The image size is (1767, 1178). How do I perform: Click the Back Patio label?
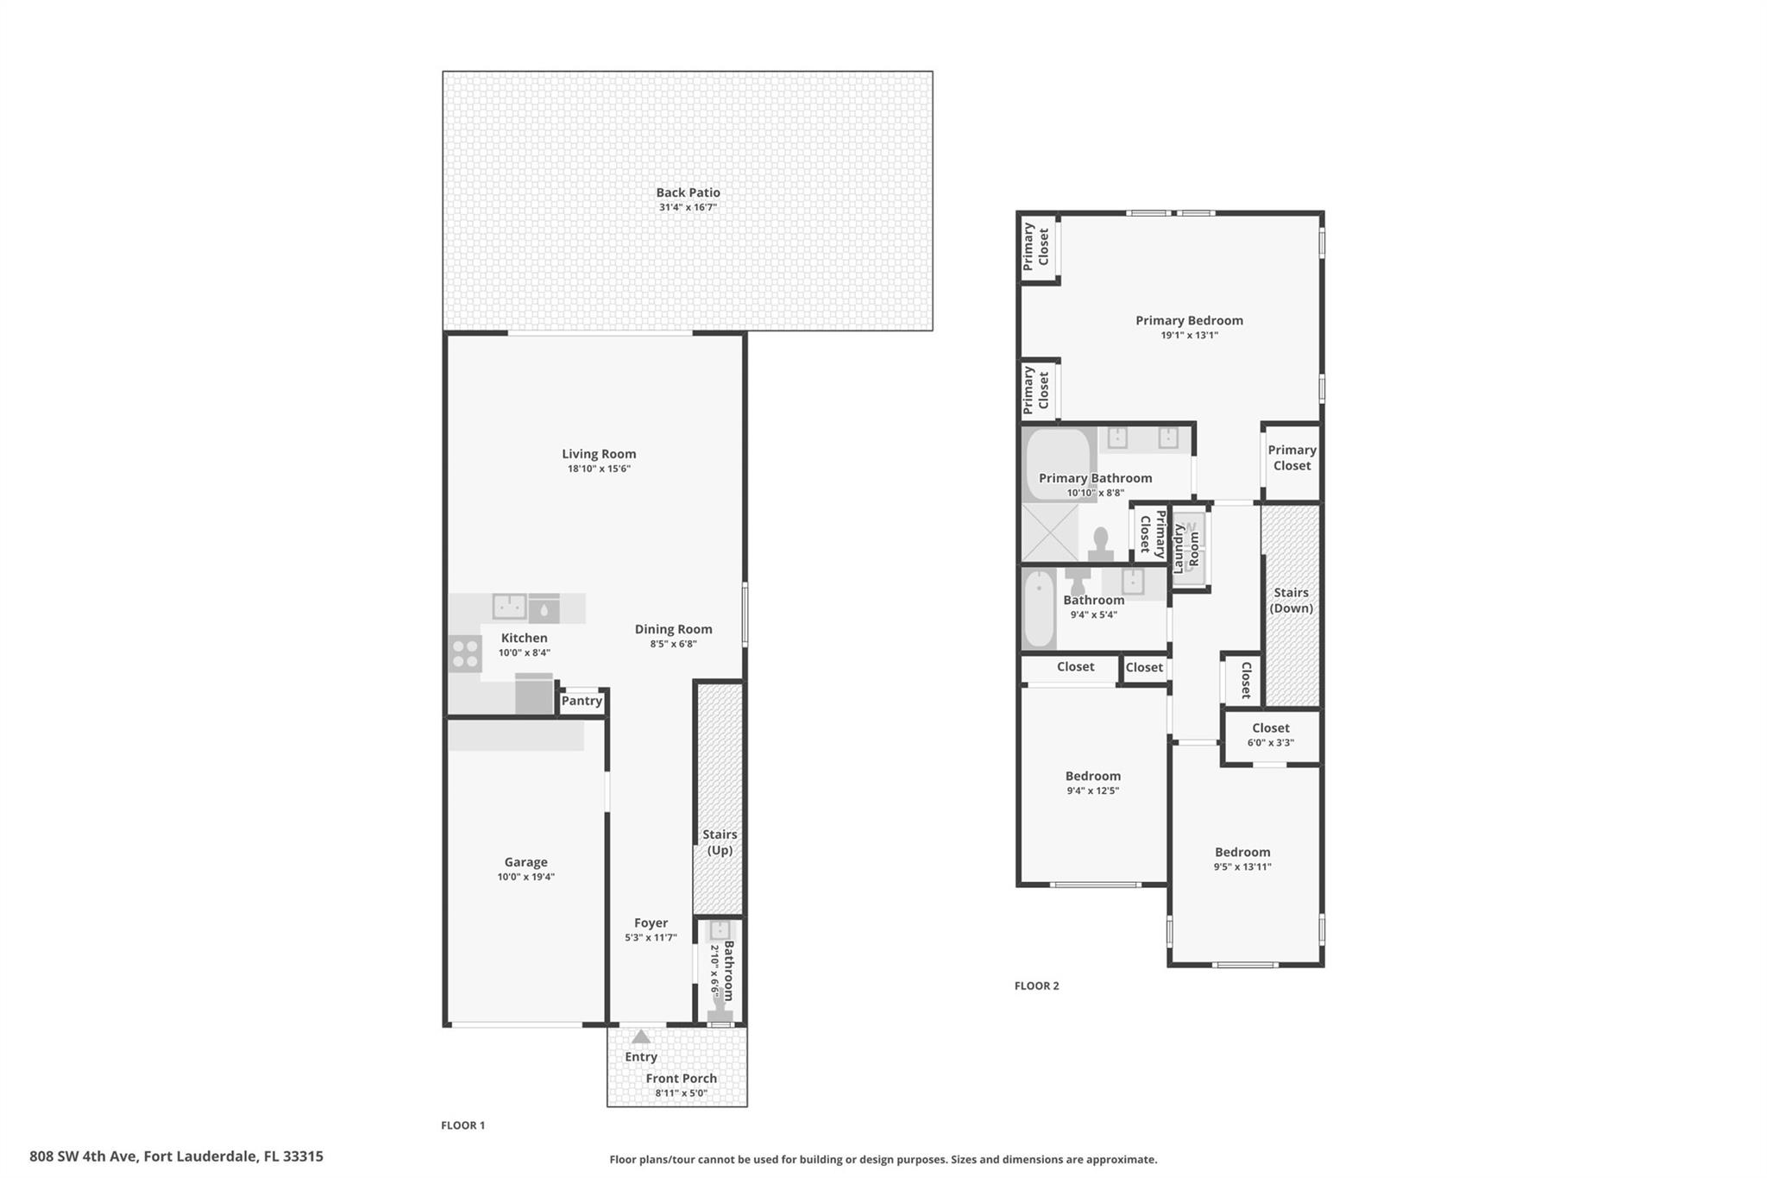coord(688,192)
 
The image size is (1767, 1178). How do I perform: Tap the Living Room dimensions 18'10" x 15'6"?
coord(599,469)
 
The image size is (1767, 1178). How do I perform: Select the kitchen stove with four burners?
coord(465,653)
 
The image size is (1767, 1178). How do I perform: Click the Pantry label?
coord(582,701)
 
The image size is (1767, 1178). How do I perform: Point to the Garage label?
coord(525,862)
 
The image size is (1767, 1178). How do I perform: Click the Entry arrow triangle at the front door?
coord(641,1036)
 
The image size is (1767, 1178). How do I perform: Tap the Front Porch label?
coord(682,1078)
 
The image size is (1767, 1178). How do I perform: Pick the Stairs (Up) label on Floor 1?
coord(720,842)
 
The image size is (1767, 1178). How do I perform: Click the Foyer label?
coord(651,923)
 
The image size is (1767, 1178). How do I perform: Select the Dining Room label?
coord(673,629)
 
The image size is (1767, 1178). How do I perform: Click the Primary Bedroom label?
coord(1189,320)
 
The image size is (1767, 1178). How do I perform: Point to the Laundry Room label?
coord(1186,548)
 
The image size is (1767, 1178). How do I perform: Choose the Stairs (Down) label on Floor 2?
coord(1292,600)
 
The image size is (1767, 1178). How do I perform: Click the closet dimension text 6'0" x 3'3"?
coord(1271,742)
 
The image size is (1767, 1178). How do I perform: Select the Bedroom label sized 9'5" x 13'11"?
coord(1242,852)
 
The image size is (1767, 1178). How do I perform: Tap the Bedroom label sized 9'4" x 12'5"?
coord(1093,776)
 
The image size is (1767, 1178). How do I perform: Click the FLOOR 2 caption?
coord(1036,986)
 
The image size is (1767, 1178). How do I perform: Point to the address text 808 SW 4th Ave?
coord(84,1156)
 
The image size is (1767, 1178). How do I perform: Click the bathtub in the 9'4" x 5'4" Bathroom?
coord(1039,609)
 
